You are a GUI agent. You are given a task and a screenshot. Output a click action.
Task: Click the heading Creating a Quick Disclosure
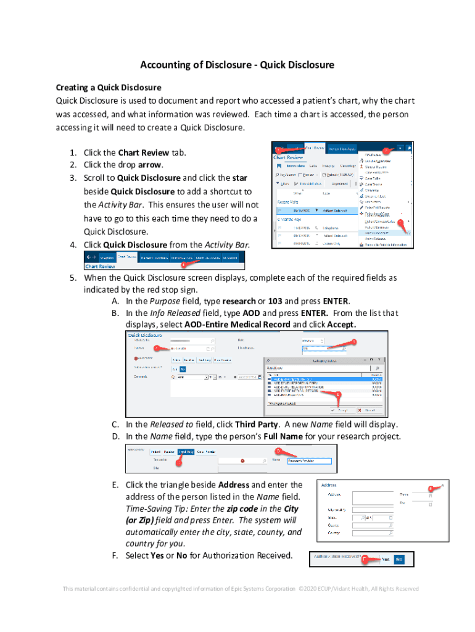click(x=108, y=87)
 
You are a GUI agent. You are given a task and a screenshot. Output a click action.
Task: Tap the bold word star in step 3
click(x=239, y=178)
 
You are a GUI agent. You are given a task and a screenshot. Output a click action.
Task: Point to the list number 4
click(x=73, y=245)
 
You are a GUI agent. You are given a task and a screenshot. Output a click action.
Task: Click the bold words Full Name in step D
click(x=283, y=436)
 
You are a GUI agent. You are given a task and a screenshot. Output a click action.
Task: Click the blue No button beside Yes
click(x=399, y=559)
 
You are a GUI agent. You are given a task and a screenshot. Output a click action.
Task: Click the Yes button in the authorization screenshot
click(x=384, y=559)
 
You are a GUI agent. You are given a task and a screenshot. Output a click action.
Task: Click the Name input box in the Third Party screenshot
click(x=309, y=460)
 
